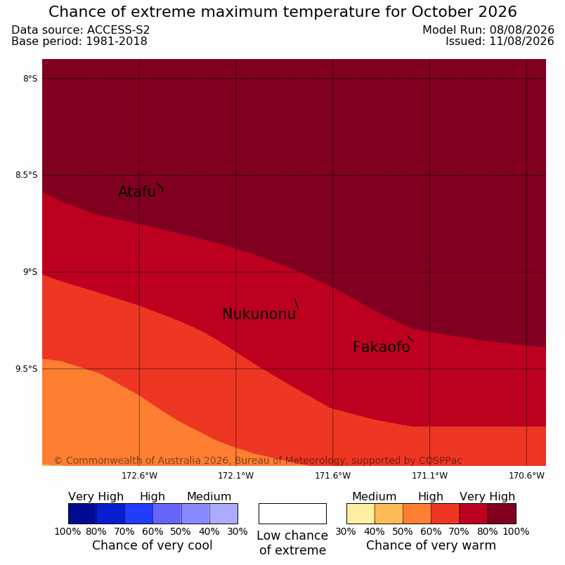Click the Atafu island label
[x=137, y=192]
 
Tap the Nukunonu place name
[x=259, y=314]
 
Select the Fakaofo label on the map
[x=381, y=347]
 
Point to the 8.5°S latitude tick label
[x=26, y=175]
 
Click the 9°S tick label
[x=30, y=272]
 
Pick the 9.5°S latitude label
[x=26, y=369]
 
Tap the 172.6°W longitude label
[x=139, y=476]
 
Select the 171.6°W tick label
[x=332, y=476]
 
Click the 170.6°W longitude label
[x=526, y=476]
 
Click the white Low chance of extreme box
[x=292, y=514]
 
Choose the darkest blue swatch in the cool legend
[x=82, y=514]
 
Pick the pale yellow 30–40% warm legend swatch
[x=361, y=514]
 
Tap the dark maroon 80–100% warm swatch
[x=502, y=514]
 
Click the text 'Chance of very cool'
[x=152, y=545]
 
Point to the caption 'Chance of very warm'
[x=431, y=545]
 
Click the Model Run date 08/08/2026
[x=521, y=30]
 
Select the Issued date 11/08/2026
[x=521, y=41]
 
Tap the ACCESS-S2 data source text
[x=118, y=30]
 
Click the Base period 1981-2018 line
[x=79, y=41]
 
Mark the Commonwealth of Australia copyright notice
[x=258, y=460]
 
